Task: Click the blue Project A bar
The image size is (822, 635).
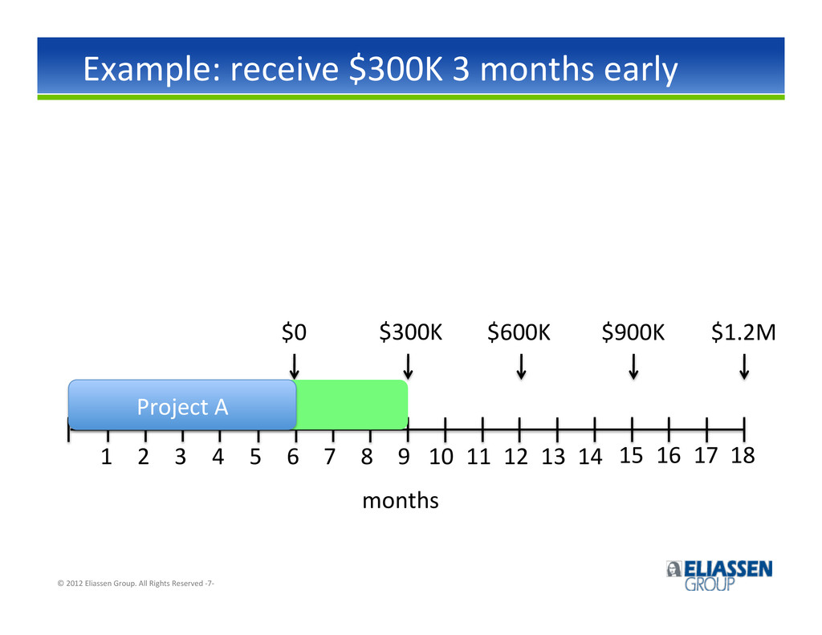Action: pos(182,405)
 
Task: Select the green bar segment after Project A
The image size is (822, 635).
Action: pos(352,405)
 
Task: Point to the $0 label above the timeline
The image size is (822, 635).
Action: pos(294,332)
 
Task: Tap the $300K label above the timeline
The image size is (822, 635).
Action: pos(410,332)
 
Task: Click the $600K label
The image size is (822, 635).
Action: pos(519,332)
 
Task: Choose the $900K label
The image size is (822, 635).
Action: pos(633,332)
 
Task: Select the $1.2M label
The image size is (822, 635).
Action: pos(743,332)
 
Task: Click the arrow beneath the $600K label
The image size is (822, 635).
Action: pos(521,367)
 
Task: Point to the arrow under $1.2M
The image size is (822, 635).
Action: pos(744,367)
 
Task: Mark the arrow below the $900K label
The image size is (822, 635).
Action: pos(633,367)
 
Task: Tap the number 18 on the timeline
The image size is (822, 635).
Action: pos(743,456)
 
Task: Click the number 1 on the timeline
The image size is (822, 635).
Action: pos(107,457)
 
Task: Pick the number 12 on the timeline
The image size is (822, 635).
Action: pos(516,457)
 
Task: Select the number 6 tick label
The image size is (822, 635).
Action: pos(292,457)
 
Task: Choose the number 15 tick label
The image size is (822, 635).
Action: pos(631,456)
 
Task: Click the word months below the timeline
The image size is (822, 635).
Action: pos(401,501)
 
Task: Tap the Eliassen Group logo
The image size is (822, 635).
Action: pos(719,576)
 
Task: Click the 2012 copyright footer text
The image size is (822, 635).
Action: pos(136,583)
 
